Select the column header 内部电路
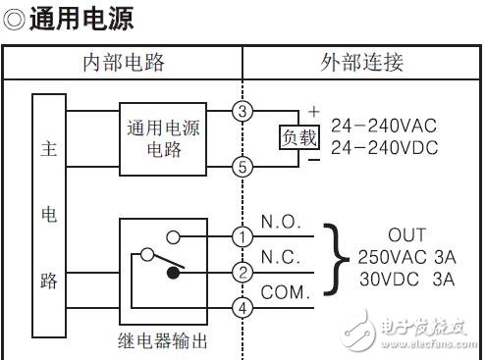pos(124,64)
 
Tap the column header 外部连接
pos(362,64)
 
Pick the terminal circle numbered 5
pos(243,167)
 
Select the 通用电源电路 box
pos(162,138)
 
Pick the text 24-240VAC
pos(383,126)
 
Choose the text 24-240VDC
pos(383,148)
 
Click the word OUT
pos(407,235)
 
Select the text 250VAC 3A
pos(407,257)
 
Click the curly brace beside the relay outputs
pos(340,257)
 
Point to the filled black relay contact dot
pos(173,274)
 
